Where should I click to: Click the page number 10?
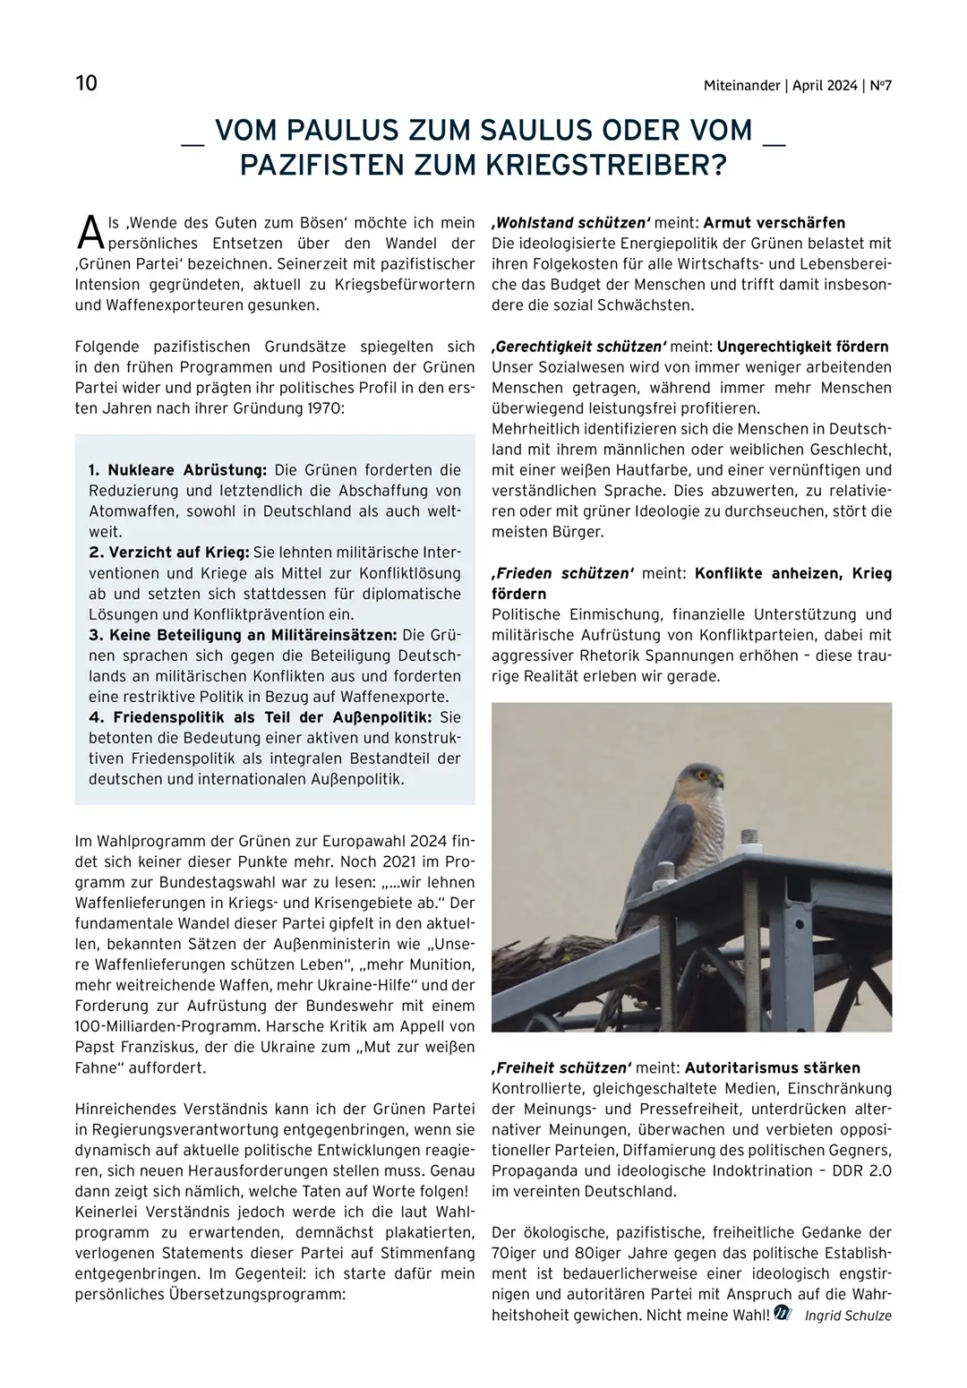click(87, 83)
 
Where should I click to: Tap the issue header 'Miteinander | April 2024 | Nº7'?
click(797, 86)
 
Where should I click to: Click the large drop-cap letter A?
click(90, 232)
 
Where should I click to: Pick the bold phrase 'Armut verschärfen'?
click(774, 223)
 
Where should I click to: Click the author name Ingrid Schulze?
click(848, 1315)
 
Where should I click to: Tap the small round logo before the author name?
click(783, 1315)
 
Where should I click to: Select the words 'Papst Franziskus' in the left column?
click(132, 1048)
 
